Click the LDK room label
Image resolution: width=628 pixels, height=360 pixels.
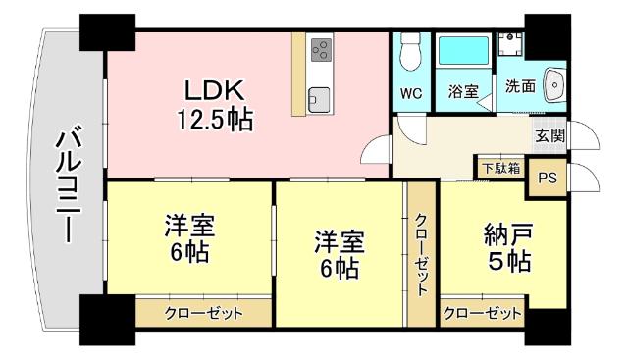[x=214, y=90]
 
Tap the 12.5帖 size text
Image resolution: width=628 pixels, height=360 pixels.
[x=214, y=120]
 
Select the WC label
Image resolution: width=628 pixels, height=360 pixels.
[x=412, y=94]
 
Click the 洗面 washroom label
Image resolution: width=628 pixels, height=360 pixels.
[x=520, y=86]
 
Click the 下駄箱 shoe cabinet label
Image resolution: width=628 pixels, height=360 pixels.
[x=500, y=168]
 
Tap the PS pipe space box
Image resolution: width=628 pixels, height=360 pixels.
[x=548, y=178]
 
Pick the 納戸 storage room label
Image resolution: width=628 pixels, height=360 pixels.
[x=508, y=237]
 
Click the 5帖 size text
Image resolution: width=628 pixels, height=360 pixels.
[x=508, y=263]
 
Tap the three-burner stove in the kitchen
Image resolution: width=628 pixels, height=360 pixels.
[x=320, y=48]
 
